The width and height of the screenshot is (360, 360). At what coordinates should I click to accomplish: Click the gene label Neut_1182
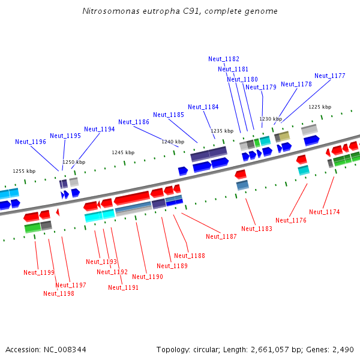[x=224, y=59]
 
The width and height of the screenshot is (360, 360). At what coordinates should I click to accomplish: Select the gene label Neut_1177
[x=330, y=76]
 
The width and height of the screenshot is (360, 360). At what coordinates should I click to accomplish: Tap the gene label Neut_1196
[x=31, y=142]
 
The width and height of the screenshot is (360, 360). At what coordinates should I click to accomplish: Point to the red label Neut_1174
[x=325, y=212]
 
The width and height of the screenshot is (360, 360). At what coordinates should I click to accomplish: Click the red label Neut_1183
[x=257, y=229]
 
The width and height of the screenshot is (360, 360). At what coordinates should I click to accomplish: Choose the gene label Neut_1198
[x=59, y=293]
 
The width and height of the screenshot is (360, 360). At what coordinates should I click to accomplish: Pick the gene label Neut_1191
[x=124, y=287]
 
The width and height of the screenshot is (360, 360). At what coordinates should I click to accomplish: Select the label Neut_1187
[x=221, y=236]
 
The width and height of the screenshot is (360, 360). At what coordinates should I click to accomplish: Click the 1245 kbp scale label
[x=123, y=152]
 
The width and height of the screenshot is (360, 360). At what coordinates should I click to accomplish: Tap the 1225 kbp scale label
[x=320, y=107]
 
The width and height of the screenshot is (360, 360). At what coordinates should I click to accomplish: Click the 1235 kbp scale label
[x=221, y=131]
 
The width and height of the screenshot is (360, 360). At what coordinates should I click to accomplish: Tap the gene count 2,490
[x=343, y=349]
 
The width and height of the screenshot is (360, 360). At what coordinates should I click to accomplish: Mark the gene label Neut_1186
[x=134, y=122]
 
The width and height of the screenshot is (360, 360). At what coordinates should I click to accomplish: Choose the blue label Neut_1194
[x=100, y=129]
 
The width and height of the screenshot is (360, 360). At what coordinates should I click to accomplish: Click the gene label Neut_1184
[x=203, y=107]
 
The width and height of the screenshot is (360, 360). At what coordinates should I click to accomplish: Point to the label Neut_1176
[x=291, y=220]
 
